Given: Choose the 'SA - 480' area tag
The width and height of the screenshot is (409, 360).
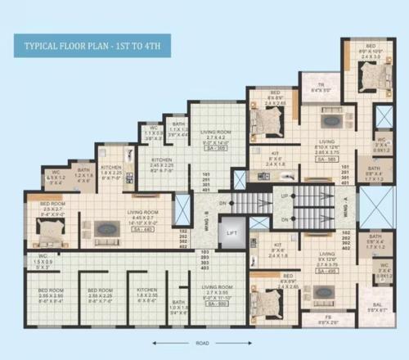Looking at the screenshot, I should click(x=142, y=229).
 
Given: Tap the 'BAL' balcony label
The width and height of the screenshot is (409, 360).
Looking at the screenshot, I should click(x=377, y=305).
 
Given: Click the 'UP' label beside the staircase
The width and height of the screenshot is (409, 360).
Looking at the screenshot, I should click(x=285, y=197).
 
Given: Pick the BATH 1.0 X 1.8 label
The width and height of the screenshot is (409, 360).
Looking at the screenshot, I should click(x=178, y=307).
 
